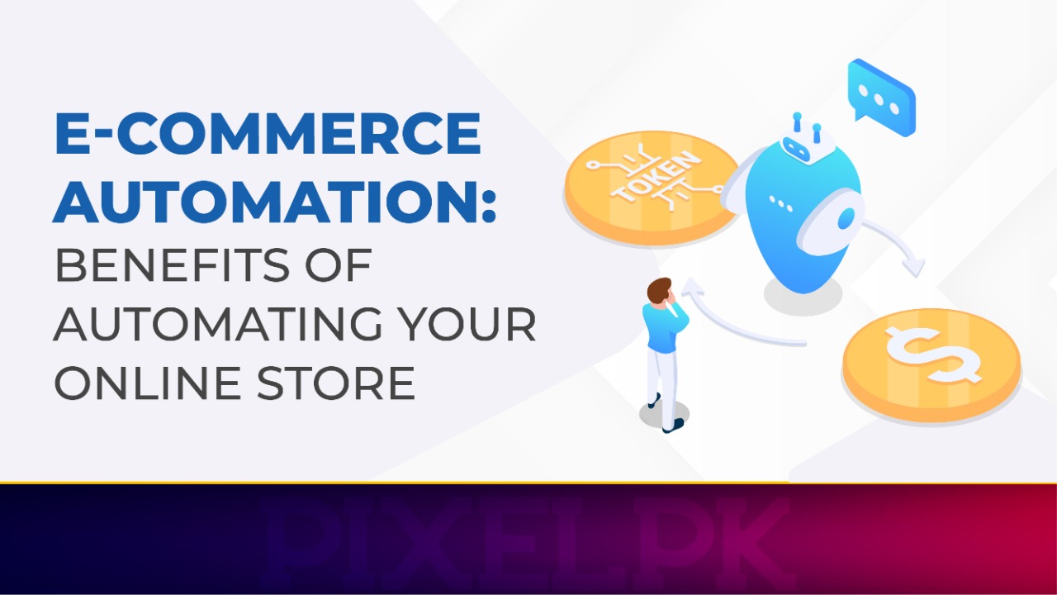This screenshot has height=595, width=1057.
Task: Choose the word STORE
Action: [345, 383]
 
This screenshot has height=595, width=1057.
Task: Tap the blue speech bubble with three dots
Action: [881, 97]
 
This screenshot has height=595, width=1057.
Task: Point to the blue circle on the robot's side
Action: [845, 218]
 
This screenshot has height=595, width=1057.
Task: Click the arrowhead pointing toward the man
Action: [690, 290]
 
